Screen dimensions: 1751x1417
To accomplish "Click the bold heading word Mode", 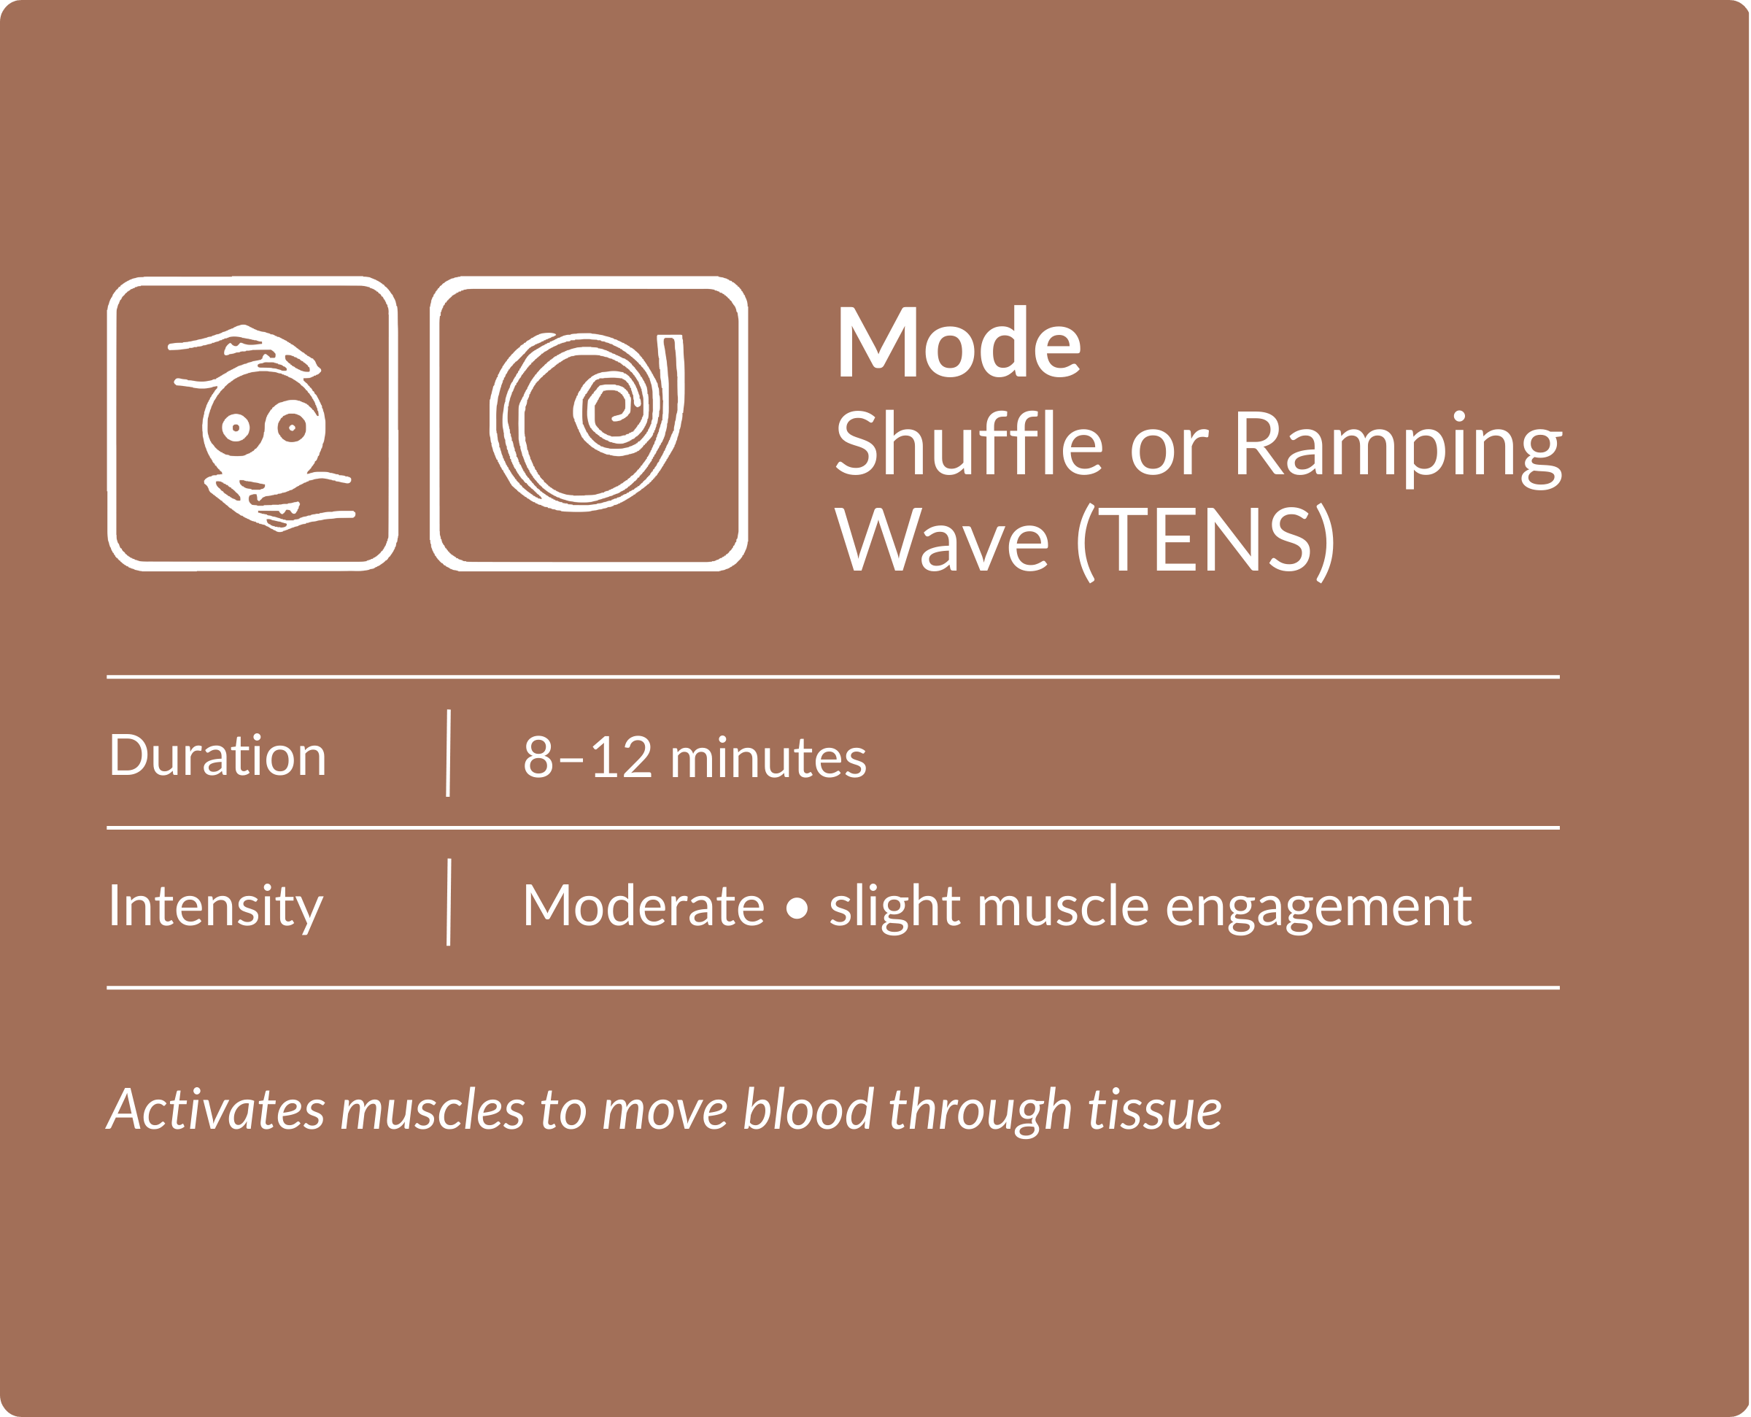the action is coord(959,342).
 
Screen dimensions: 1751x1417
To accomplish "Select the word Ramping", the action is coord(1397,448).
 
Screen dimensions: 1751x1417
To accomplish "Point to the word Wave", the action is coord(943,539).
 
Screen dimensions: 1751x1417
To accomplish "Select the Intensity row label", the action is coord(216,906).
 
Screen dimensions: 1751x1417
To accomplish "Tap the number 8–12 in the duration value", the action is coord(587,757).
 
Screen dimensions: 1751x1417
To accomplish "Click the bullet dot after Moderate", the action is coord(797,908).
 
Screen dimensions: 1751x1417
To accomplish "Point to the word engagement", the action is coord(1318,908).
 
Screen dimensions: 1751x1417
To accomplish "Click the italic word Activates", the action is coord(216,1110).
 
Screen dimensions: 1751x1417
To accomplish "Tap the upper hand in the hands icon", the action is coord(245,350).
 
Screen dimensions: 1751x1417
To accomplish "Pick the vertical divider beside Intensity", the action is coord(449,902).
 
